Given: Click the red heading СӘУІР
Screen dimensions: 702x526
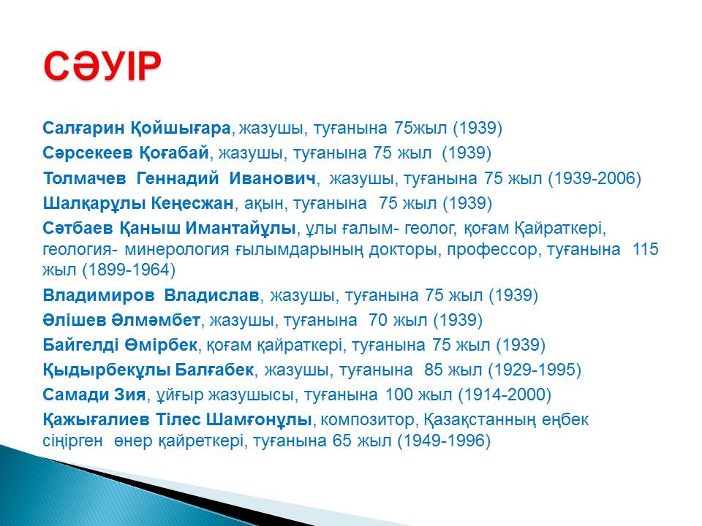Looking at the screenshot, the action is pos(102,66).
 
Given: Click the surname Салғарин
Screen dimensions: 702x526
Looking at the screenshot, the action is pos(83,129).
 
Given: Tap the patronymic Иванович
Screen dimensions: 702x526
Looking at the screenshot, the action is pos(272,178).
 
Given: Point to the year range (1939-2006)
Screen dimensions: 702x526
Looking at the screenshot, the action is pos(595,178).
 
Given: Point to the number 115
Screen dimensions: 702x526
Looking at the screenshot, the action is pos(645,248).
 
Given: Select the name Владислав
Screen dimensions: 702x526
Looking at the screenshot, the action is pos(211,295).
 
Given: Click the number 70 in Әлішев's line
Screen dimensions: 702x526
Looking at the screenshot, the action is pos(378,320).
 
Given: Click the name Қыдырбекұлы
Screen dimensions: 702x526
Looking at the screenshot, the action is pos(107,370).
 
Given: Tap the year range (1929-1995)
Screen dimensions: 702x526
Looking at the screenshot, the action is pos(535,370).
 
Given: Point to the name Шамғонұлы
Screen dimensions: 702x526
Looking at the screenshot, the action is pos(259,420).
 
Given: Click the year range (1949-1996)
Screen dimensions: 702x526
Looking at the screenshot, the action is pos(444,441).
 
